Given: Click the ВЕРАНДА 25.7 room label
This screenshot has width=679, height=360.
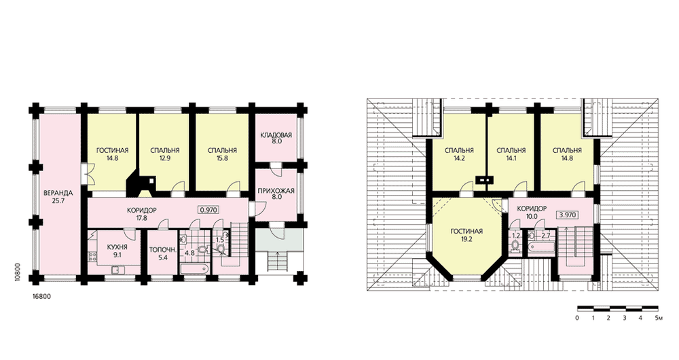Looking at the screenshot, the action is pyautogui.click(x=58, y=197).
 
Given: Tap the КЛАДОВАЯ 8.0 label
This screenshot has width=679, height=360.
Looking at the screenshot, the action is pyautogui.click(x=276, y=138).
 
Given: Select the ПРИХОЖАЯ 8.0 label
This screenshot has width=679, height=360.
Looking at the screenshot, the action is pyautogui.click(x=276, y=194).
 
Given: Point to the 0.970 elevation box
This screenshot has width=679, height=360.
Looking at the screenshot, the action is pyautogui.click(x=208, y=210).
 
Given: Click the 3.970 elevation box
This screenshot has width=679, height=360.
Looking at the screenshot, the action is pyautogui.click(x=568, y=214).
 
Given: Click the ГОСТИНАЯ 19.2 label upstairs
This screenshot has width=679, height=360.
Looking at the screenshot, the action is pyautogui.click(x=466, y=235).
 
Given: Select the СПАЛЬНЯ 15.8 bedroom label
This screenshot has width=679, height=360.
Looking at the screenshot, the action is pyautogui.click(x=222, y=154).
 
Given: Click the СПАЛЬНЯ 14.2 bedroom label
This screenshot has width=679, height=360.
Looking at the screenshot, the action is pyautogui.click(x=459, y=154).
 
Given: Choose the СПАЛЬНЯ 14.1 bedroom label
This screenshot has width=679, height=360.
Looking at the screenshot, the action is pyautogui.click(x=511, y=154).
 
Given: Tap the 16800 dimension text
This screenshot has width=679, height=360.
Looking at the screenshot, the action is pyautogui.click(x=42, y=297).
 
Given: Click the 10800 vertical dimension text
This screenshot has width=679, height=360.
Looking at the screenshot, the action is pyautogui.click(x=17, y=272).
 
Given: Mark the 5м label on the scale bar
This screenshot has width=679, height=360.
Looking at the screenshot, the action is pyautogui.click(x=659, y=319).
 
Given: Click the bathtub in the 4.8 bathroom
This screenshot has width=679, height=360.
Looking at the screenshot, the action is pyautogui.click(x=195, y=268).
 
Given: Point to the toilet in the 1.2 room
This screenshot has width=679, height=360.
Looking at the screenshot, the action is pyautogui.click(x=515, y=247).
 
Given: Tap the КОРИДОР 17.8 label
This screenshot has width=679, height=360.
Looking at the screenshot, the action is pyautogui.click(x=142, y=214).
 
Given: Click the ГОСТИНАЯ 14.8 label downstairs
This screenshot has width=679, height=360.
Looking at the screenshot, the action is pyautogui.click(x=112, y=154).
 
